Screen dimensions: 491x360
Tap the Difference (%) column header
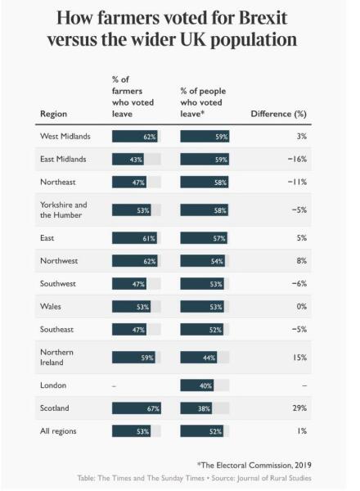pyautogui.click(x=277, y=114)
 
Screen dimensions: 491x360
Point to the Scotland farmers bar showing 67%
pyautogui.click(x=136, y=408)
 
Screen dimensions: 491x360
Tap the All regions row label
pyautogui.click(x=60, y=430)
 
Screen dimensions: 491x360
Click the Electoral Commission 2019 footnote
pyautogui.click(x=255, y=464)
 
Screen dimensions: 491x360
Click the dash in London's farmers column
pyautogui.click(x=115, y=385)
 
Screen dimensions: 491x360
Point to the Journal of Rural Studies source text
pyautogui.click(x=271, y=477)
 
